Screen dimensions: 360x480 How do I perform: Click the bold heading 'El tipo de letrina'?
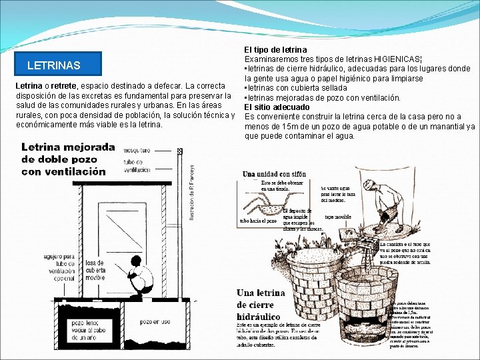(x=275, y=49)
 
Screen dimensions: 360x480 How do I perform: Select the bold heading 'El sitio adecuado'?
(x=277, y=107)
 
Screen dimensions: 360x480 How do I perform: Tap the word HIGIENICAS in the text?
(x=397, y=59)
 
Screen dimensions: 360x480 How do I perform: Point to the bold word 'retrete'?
(x=64, y=86)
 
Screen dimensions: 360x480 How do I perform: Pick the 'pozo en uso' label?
(x=156, y=322)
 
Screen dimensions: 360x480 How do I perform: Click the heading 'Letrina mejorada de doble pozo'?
(x=63, y=159)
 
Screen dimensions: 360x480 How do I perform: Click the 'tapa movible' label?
(x=338, y=217)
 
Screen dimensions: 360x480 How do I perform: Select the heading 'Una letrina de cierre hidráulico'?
(x=261, y=305)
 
